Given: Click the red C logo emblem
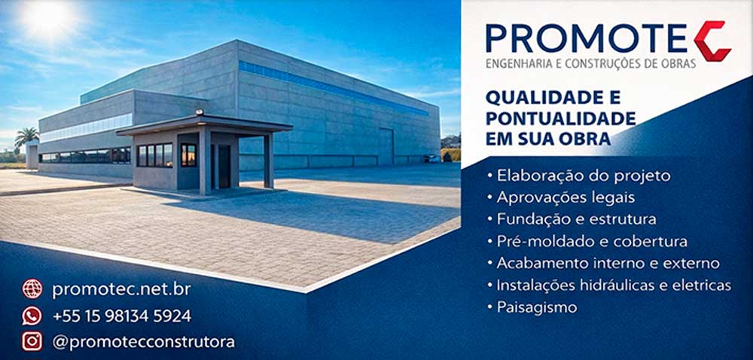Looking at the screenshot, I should click(x=712, y=41).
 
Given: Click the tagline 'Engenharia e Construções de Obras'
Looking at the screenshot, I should click(x=591, y=64).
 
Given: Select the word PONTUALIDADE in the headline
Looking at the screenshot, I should click(x=561, y=119).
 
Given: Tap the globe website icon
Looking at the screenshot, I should click(x=32, y=288).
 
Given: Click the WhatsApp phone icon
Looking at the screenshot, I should click(x=32, y=316).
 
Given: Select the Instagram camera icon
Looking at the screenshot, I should click(x=32, y=341).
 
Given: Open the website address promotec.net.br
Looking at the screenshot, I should click(x=121, y=289).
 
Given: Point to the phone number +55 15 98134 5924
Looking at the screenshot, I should click(x=121, y=316).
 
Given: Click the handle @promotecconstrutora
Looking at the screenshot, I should click(x=143, y=342).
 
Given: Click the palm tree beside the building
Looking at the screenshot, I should click(x=27, y=138).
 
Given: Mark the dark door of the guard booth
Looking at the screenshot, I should click(x=224, y=166).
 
